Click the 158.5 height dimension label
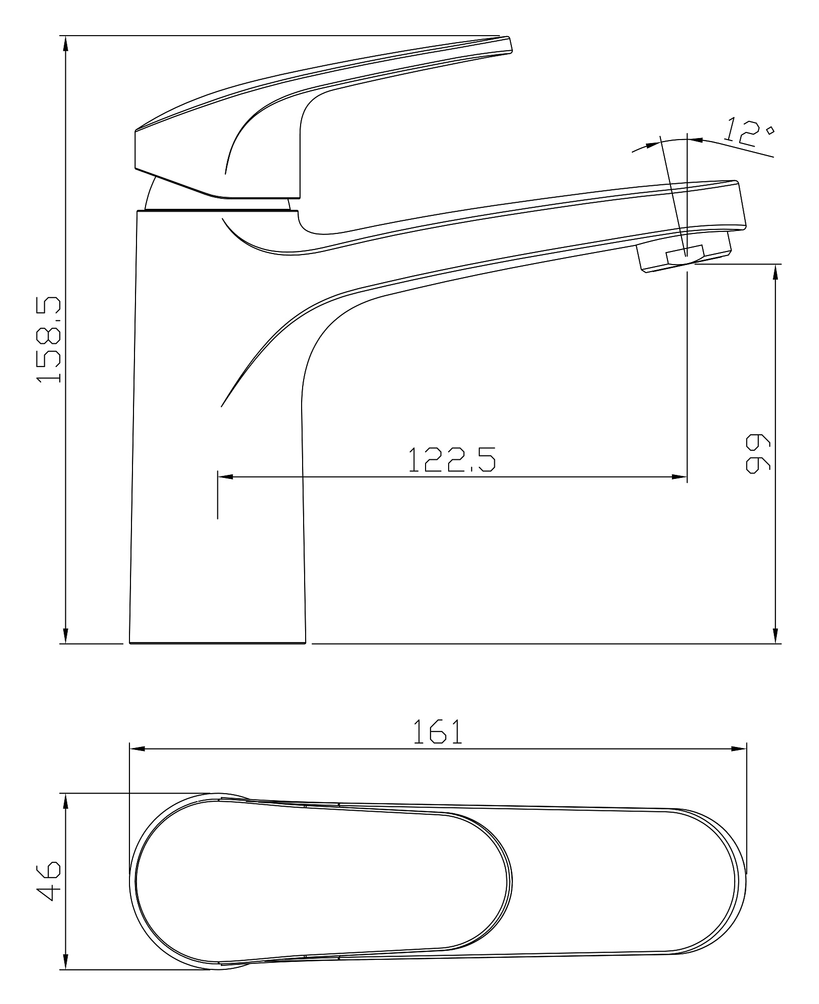pyautogui.click(x=49, y=340)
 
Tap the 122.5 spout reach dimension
pyautogui.click(x=452, y=459)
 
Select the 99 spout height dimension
pyautogui.click(x=758, y=454)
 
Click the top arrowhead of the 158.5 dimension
pyautogui.click(x=65, y=44)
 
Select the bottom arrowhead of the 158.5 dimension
pyautogui.click(x=65, y=635)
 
